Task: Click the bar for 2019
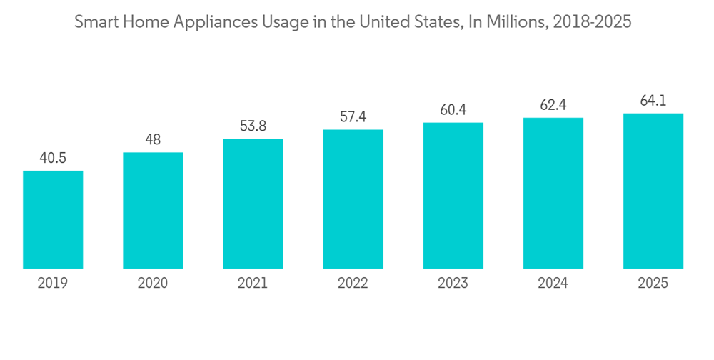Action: pyautogui.click(x=53, y=220)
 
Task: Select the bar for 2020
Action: pyautogui.click(x=153, y=211)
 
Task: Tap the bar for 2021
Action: pyautogui.click(x=253, y=204)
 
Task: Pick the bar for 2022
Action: pyautogui.click(x=353, y=199)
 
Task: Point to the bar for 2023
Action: pyautogui.click(x=453, y=196)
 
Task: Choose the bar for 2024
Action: pyautogui.click(x=553, y=194)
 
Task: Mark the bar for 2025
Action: pyautogui.click(x=653, y=191)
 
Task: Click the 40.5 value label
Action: pyautogui.click(x=53, y=158)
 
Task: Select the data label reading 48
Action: pyautogui.click(x=153, y=140)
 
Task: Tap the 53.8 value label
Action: pyautogui.click(x=253, y=126)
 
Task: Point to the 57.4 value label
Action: pyautogui.click(x=353, y=117)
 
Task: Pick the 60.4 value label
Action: pyautogui.click(x=453, y=110)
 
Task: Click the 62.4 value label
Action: pyautogui.click(x=553, y=106)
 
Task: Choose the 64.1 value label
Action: pyautogui.click(x=653, y=101)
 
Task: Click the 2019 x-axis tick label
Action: pyautogui.click(x=53, y=284)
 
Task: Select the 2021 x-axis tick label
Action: pyautogui.click(x=253, y=284)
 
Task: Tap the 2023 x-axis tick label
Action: pyautogui.click(x=453, y=284)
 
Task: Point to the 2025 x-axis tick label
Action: pyautogui.click(x=653, y=284)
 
